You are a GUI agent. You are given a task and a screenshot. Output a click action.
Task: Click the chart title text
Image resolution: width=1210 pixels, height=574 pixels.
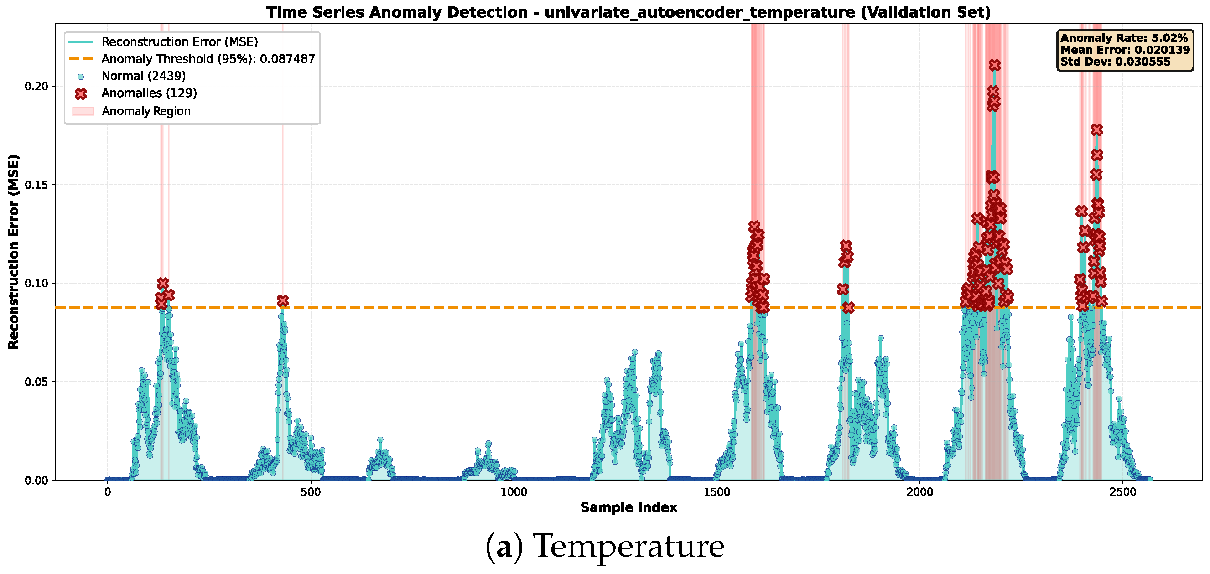tap(628, 12)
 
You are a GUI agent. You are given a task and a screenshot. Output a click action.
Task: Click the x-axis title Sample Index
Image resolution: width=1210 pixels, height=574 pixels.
tap(628, 507)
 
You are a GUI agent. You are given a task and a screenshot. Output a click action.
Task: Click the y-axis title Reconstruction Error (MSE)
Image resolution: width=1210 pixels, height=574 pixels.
tap(14, 252)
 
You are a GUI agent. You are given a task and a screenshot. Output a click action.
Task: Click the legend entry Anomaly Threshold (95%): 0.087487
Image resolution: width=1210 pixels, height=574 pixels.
tap(208, 59)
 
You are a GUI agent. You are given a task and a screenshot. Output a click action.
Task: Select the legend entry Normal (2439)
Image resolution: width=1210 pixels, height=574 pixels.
tap(144, 76)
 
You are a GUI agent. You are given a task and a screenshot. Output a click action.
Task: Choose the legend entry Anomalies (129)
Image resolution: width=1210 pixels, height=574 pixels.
tap(150, 93)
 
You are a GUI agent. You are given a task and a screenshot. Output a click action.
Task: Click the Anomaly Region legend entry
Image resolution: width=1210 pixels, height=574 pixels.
tap(146, 111)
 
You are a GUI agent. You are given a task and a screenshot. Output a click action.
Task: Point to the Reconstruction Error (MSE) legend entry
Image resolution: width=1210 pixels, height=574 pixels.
tap(180, 42)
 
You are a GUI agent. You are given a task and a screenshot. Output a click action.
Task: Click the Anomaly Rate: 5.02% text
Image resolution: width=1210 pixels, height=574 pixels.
tap(1124, 38)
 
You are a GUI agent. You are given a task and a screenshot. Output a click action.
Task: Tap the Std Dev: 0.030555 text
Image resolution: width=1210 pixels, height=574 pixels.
tap(1116, 62)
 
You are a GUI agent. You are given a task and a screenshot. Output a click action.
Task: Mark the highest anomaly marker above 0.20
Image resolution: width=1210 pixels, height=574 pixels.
tap(994, 65)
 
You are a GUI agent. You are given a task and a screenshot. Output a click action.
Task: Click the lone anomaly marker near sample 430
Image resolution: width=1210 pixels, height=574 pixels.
tap(282, 300)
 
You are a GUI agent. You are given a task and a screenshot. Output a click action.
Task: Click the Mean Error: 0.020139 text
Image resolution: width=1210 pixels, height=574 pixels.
tap(1126, 50)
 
